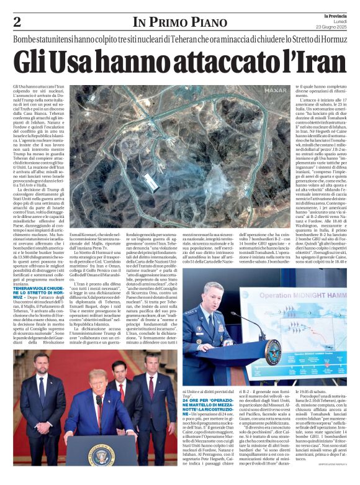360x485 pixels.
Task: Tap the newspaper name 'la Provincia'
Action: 336,16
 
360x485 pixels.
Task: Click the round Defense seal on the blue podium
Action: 272,351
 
